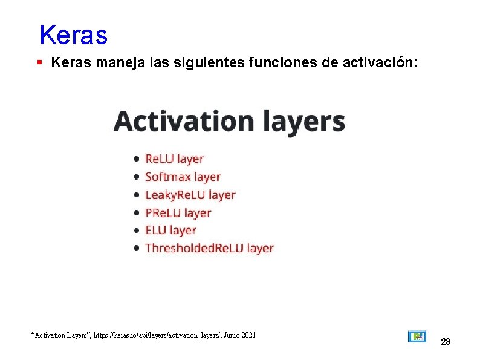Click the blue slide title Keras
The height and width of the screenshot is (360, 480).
pyautogui.click(x=73, y=35)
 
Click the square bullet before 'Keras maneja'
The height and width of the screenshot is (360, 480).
pyautogui.click(x=39, y=62)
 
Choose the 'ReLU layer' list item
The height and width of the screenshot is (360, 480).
pyautogui.click(x=174, y=159)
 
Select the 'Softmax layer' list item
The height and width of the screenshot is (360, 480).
pyautogui.click(x=183, y=177)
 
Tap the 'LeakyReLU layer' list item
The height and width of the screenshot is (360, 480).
pyautogui.click(x=190, y=195)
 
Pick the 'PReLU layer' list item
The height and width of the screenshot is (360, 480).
pyautogui.click(x=178, y=213)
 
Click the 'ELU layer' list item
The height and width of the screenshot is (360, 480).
pyautogui.click(x=170, y=231)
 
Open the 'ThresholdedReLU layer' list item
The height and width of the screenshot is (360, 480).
pyautogui.click(x=209, y=248)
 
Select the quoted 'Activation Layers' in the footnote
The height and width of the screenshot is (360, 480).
pyautogui.click(x=59, y=334)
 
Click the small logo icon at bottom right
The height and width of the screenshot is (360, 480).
pyautogui.click(x=417, y=336)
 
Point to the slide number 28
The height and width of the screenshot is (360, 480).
pyautogui.click(x=446, y=342)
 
